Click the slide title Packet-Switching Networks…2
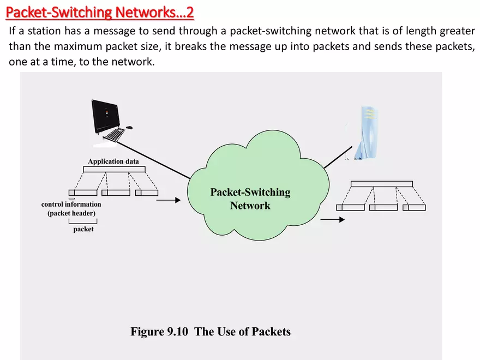click(x=102, y=11)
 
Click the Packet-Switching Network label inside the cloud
click(x=250, y=199)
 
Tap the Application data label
click(x=113, y=161)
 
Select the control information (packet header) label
click(x=71, y=209)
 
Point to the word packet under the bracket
click(x=83, y=230)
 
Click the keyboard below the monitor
click(x=114, y=134)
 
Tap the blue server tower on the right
click(x=367, y=134)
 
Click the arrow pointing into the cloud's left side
click(x=168, y=200)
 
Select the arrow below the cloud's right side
click(x=333, y=220)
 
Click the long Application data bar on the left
click(x=114, y=170)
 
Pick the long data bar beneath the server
click(x=382, y=184)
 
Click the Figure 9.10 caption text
click(x=211, y=332)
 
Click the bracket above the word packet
click(x=83, y=221)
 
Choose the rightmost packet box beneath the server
click(x=414, y=208)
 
